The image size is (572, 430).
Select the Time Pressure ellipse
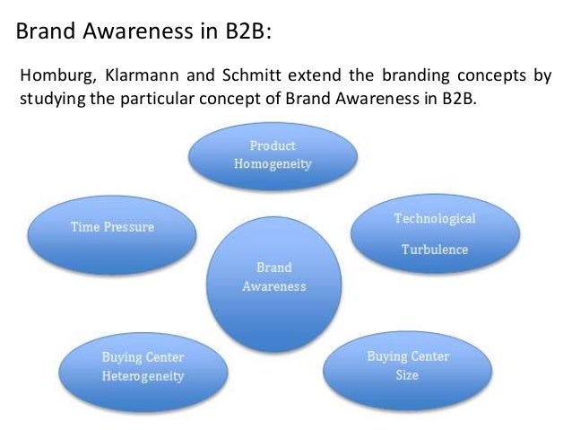pos(112,228)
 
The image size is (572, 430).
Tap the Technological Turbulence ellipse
pos(434,233)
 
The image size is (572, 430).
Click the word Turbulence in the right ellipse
pos(434,249)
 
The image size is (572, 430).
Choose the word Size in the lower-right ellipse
pos(407,374)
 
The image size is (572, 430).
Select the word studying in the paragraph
pos(49,97)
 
